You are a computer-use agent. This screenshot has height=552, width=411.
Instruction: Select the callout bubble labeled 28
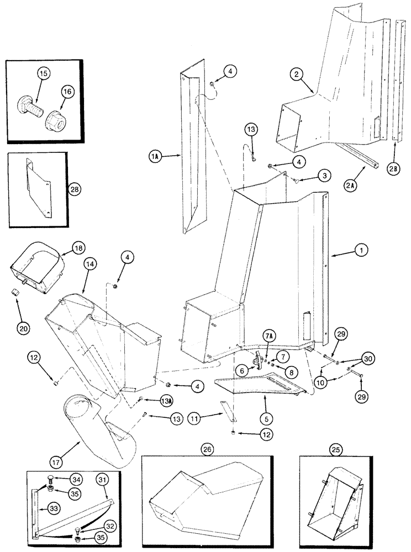point(75,189)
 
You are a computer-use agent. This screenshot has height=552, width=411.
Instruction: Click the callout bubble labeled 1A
point(155,157)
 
